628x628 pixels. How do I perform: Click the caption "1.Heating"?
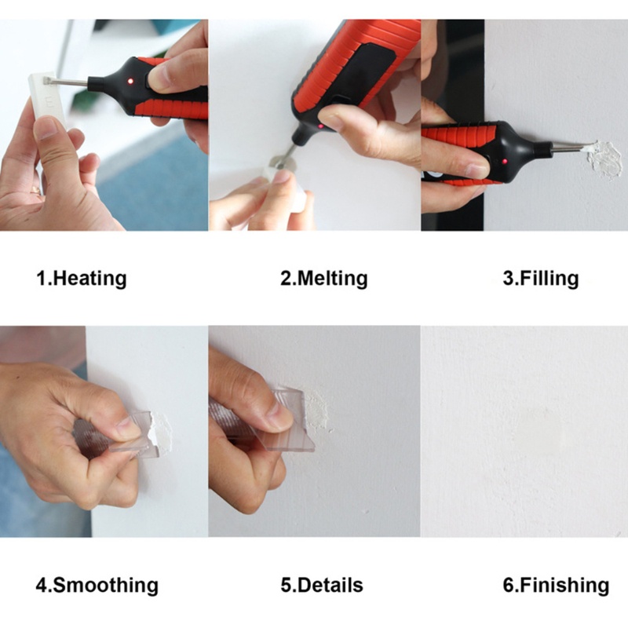[x=81, y=279]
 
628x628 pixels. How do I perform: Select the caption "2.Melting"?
[x=323, y=279]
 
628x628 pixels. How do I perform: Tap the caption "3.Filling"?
[x=540, y=279]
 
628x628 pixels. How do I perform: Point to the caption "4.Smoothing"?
[x=97, y=585]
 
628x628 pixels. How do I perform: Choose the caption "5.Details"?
[x=322, y=585]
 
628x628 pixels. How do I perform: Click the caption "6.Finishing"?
[x=555, y=585]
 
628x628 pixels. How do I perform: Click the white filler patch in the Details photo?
[x=316, y=408]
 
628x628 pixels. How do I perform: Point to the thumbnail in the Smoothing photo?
[x=126, y=428]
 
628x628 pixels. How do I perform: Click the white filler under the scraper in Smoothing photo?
[x=161, y=428]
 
